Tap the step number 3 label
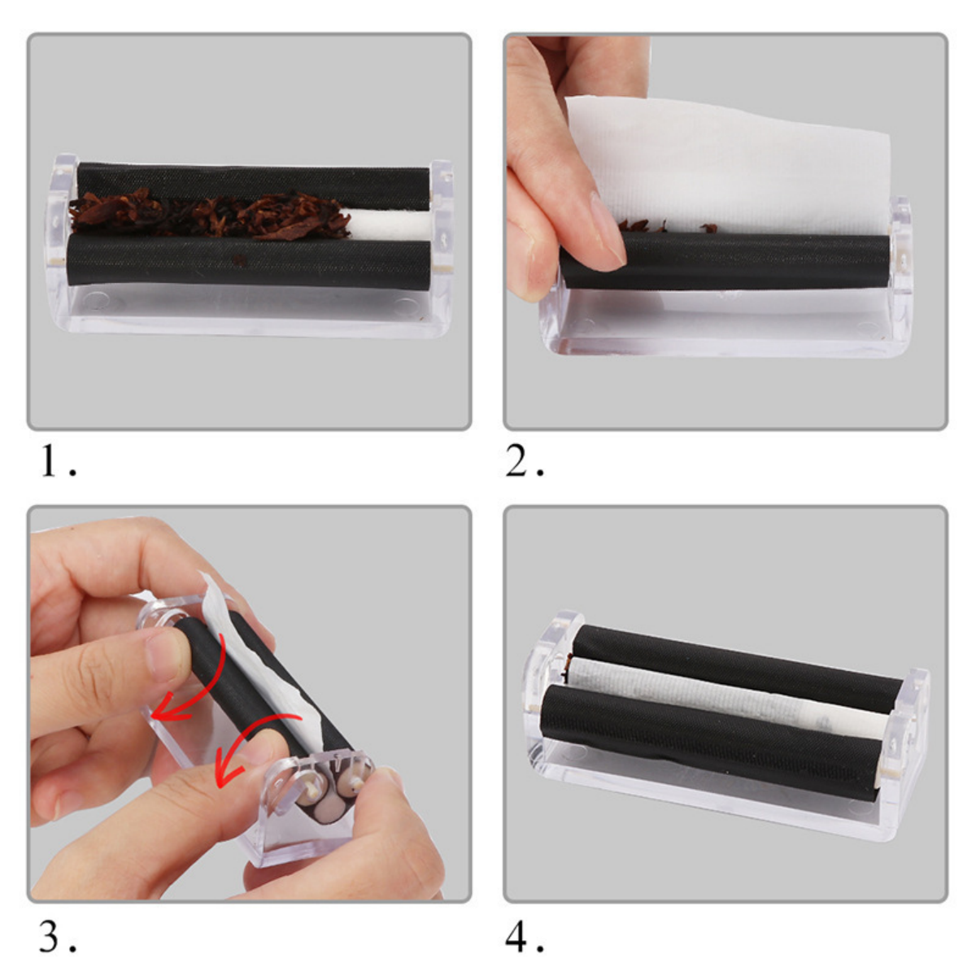click(x=50, y=937)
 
